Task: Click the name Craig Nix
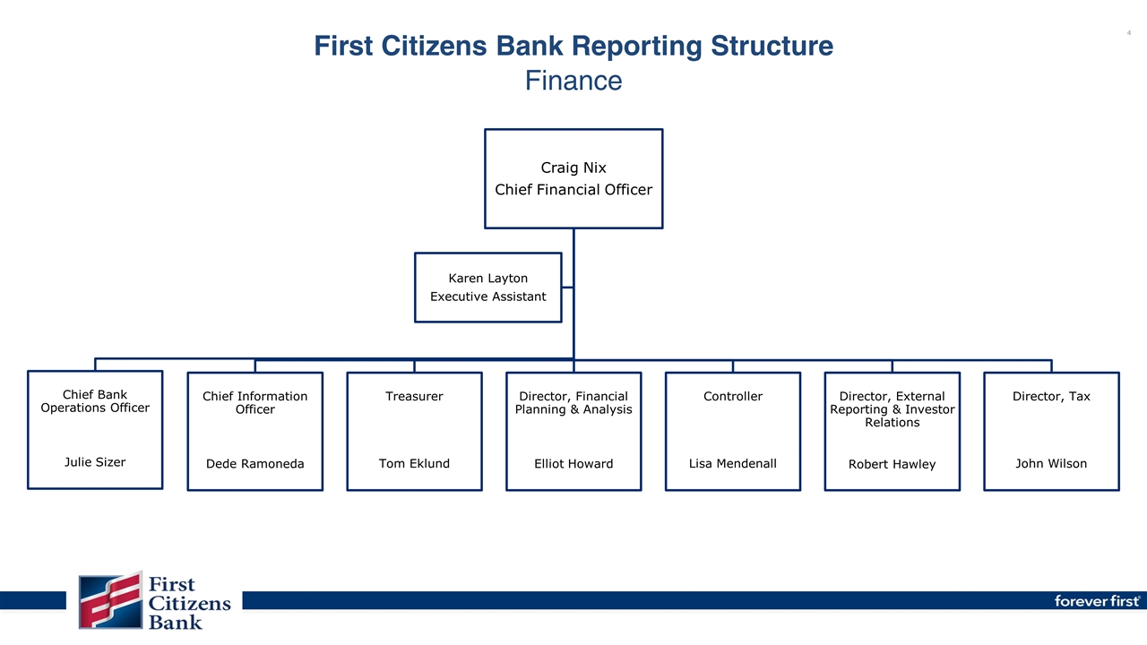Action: pos(573,168)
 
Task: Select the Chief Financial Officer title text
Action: pos(573,190)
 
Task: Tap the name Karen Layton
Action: pos(487,278)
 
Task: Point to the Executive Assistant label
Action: pos(487,297)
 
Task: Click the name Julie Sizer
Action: pos(95,462)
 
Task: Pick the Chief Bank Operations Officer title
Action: pos(95,401)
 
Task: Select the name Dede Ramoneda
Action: pos(254,464)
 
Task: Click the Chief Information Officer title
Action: pos(254,403)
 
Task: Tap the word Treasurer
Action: pos(414,396)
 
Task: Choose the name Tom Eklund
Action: pos(414,463)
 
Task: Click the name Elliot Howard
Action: pos(573,464)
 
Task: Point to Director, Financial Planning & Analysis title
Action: pos(573,403)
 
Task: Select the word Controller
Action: pos(733,396)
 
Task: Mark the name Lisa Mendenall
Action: pos(733,463)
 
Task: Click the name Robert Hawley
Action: pos(892,464)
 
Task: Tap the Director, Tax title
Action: pos(1051,396)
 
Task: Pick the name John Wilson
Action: pos(1051,463)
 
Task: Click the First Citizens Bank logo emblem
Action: pos(110,600)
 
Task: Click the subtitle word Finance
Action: pos(573,81)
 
